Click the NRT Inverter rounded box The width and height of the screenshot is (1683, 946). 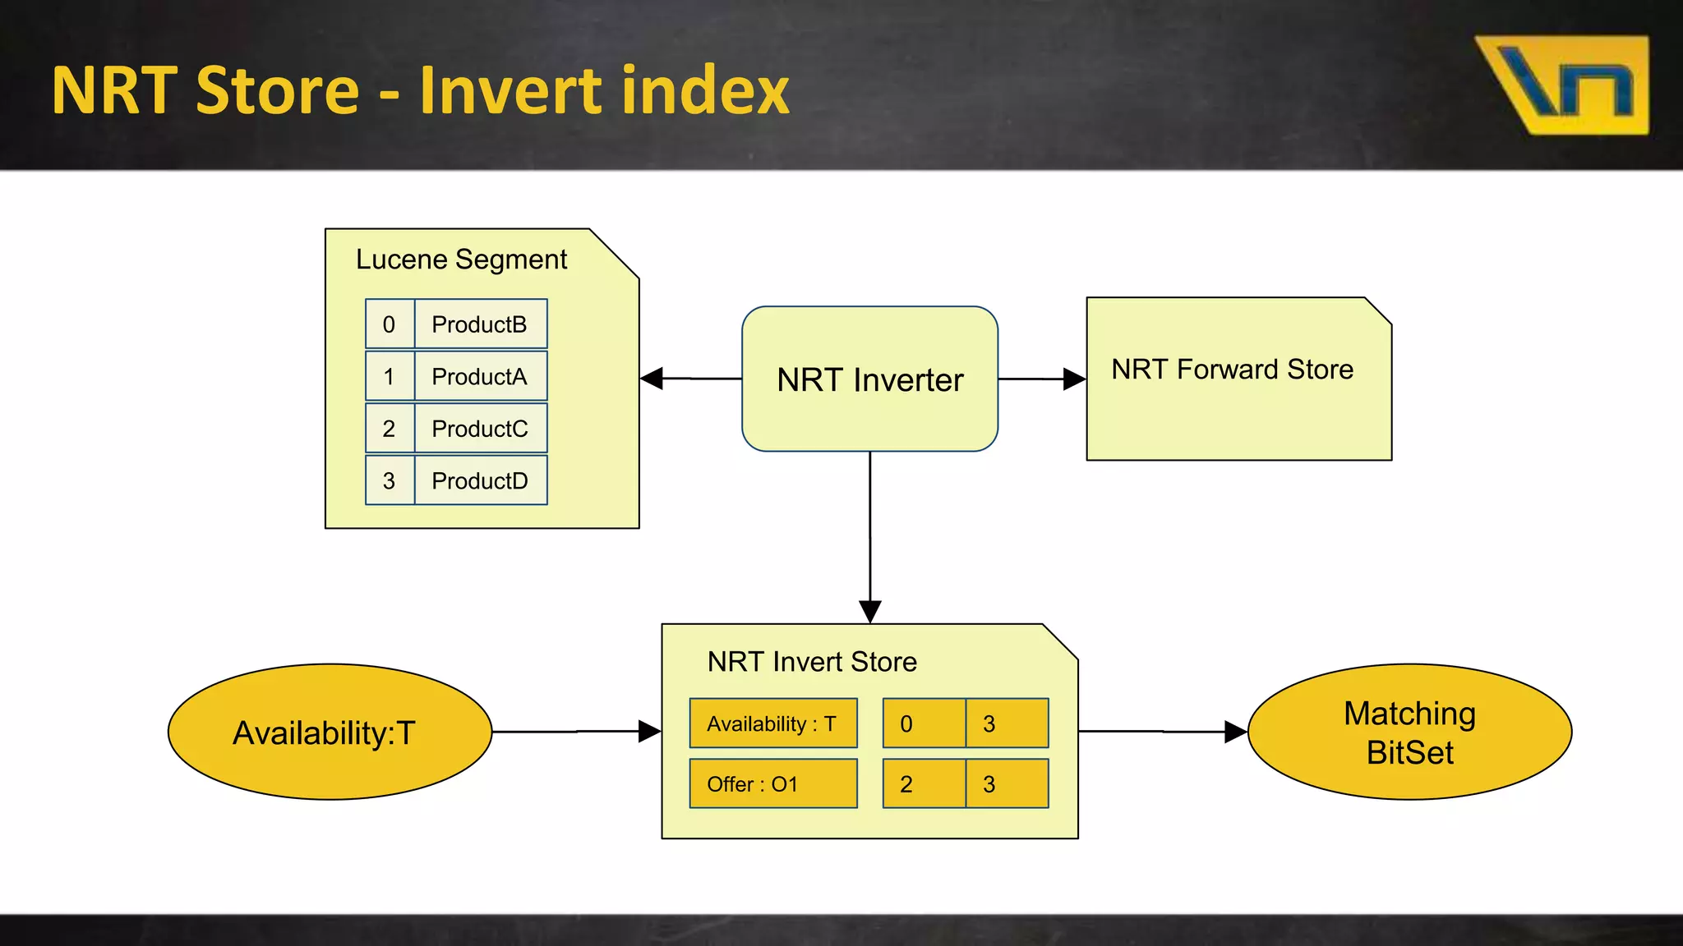(869, 379)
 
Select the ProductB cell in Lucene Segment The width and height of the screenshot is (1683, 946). (480, 324)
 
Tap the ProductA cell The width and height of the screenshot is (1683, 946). (480, 377)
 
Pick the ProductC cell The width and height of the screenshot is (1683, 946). (480, 429)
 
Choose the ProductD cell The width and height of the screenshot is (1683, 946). (480, 481)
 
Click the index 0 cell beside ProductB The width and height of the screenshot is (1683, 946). (390, 324)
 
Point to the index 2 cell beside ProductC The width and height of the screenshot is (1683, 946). (390, 429)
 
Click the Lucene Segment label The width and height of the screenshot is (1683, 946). (461, 259)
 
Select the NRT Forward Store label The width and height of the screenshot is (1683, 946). (1232, 370)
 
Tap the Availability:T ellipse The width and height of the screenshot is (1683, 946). (329, 732)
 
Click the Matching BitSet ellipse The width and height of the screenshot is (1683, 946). (1409, 732)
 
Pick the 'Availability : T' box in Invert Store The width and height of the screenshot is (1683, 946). (772, 723)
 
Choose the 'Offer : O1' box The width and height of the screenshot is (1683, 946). (772, 784)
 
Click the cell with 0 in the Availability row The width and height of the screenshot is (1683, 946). (924, 723)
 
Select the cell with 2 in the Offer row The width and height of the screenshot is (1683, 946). (924, 784)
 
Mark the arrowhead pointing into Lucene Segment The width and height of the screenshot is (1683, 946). (652, 379)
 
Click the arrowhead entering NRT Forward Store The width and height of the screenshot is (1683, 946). (1074, 379)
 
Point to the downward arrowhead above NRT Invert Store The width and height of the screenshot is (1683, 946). (869, 611)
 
